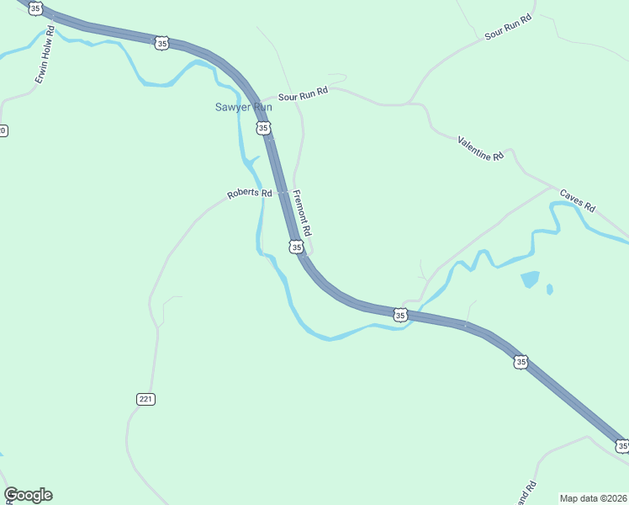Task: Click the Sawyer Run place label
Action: [242, 107]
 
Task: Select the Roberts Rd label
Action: [249, 194]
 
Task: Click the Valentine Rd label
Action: [480, 148]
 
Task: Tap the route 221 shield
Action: [145, 398]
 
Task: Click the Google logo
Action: [28, 495]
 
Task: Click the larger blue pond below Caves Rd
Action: [530, 279]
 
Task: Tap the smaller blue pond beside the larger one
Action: [549, 290]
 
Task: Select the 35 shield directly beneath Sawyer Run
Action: [264, 128]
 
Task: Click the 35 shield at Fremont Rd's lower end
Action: [295, 247]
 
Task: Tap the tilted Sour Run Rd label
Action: [509, 28]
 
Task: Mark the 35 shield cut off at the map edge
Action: [622, 445]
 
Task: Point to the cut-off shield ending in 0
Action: [3, 130]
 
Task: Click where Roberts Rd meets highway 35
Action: [283, 192]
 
